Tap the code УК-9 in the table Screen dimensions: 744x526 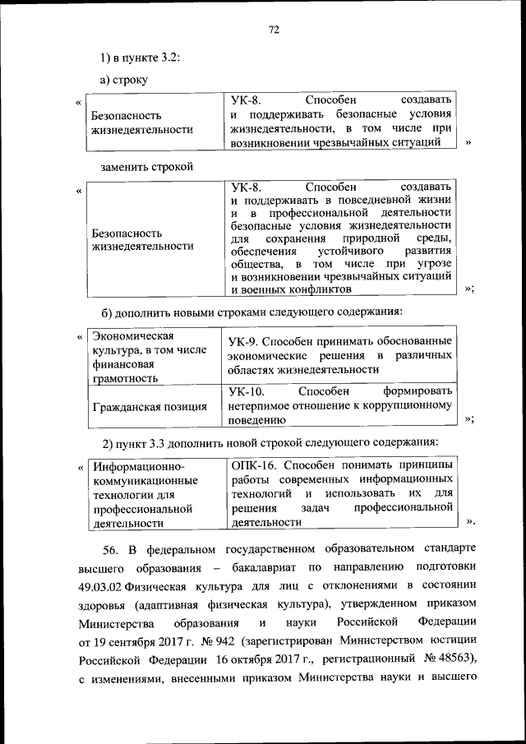click(246, 340)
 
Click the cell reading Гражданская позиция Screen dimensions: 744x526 click(150, 405)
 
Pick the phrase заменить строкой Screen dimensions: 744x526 click(146, 167)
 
